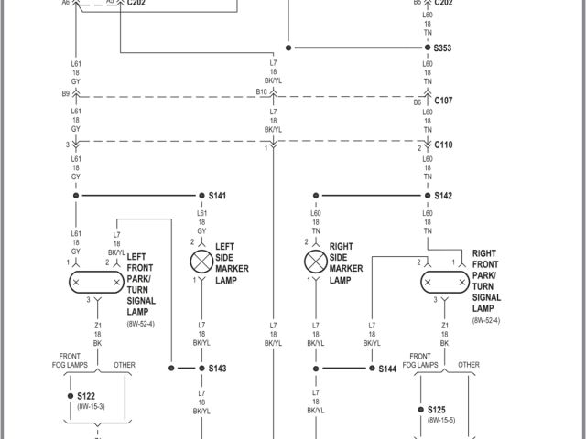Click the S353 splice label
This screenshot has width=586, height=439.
[x=443, y=48]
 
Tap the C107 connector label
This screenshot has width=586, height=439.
[x=443, y=101]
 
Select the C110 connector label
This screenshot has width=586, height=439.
[x=443, y=145]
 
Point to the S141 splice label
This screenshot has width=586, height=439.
[x=217, y=196]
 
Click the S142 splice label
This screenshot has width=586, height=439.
[x=443, y=196]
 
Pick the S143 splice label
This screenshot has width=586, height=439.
[x=217, y=369]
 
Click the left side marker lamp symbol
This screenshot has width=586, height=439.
[x=201, y=262]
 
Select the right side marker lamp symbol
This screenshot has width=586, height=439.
[x=316, y=262]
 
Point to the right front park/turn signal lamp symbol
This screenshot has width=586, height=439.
[x=444, y=283]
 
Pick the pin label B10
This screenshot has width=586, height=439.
[x=261, y=92]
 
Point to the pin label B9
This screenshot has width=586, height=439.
[x=65, y=93]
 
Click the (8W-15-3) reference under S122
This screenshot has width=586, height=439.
[x=90, y=405]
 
